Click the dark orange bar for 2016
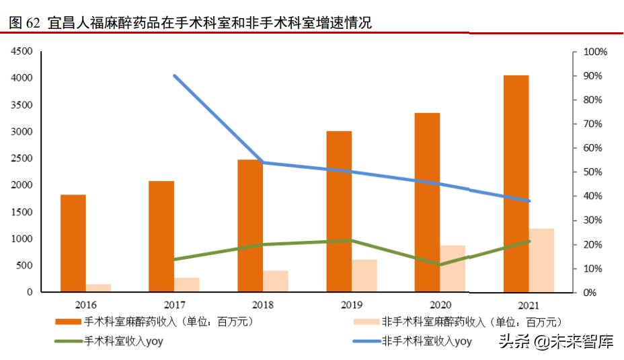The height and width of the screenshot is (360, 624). point(73,243)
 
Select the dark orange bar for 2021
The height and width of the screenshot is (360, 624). point(516,184)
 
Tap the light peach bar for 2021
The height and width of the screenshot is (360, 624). point(542,260)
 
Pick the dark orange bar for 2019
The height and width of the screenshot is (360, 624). point(339,211)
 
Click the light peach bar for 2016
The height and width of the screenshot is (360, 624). point(99,288)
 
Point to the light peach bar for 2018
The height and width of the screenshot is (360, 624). point(276,281)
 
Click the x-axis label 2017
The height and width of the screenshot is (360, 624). point(175,305)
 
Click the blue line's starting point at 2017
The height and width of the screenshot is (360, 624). point(175,76)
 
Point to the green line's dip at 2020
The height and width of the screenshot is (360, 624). point(440,264)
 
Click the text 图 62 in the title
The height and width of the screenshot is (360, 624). point(25,24)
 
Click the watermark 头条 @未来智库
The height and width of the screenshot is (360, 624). point(555,342)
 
